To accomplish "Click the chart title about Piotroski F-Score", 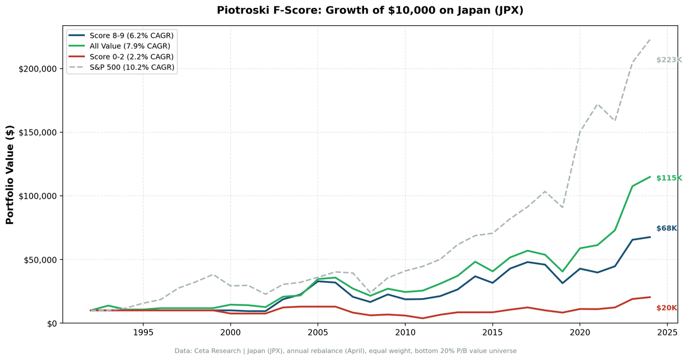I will tap(370, 10).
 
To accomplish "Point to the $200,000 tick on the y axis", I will tap(37, 69).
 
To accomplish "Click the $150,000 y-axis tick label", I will tap(37, 132).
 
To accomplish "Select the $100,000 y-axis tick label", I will tap(37, 196).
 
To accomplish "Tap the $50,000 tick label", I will tap(40, 260).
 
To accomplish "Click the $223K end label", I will tap(669, 60).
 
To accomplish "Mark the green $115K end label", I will tap(669, 178).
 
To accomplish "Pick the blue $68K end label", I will tap(667, 229).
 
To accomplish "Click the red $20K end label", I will tap(667, 308).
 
